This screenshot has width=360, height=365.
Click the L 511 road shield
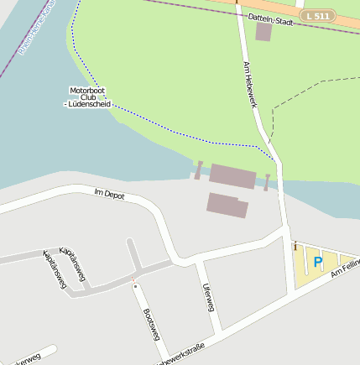(319, 15)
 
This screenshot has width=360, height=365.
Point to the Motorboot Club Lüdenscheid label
(88, 96)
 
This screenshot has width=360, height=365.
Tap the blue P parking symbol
(317, 263)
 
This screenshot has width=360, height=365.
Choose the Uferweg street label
(208, 297)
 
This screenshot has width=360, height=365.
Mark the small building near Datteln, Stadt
(263, 32)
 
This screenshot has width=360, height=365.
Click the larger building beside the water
(232, 176)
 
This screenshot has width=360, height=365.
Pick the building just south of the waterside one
(227, 205)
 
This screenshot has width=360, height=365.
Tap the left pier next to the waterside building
(199, 170)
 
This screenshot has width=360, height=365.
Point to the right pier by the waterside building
(267, 182)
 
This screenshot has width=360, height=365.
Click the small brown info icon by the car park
(295, 246)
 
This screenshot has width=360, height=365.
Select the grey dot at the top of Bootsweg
(134, 286)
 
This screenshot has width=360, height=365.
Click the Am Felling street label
(346, 268)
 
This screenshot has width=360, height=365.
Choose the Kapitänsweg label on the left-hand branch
(55, 270)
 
